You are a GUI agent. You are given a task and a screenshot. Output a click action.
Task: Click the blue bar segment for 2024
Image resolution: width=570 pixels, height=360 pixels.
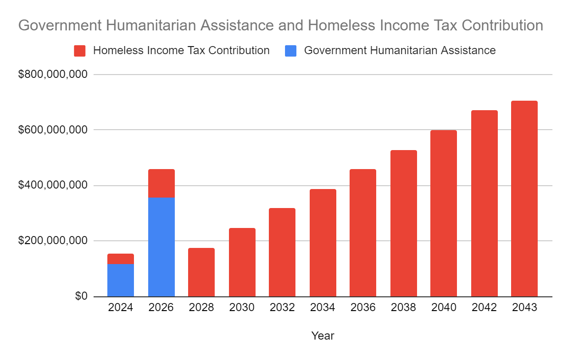tap(121, 280)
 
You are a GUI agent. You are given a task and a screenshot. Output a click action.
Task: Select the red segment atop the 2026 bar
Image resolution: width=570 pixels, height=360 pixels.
tap(161, 183)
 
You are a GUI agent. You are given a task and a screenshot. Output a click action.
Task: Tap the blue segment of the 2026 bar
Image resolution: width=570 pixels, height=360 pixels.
tap(161, 247)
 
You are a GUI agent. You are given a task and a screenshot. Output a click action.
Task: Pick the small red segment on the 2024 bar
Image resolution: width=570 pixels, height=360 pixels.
tap(121, 259)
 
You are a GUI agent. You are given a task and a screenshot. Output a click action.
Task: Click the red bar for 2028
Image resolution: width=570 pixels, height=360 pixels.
tap(201, 273)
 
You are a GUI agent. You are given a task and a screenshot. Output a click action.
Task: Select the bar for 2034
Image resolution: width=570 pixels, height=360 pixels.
tap(323, 243)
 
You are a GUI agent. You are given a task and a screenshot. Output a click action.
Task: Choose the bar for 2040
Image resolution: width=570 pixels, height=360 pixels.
tap(444, 213)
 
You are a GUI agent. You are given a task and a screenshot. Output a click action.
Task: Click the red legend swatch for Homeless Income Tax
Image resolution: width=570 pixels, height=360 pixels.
tap(80, 51)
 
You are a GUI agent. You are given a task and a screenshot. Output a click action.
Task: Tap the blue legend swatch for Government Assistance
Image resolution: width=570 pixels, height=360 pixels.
tap(291, 51)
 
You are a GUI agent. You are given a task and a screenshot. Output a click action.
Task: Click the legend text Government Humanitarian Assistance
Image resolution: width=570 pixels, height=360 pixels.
tap(399, 50)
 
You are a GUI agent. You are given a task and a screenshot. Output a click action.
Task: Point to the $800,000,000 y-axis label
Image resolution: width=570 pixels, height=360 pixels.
tap(53, 75)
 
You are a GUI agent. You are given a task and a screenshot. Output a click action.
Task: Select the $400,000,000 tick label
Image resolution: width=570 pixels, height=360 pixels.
tap(53, 185)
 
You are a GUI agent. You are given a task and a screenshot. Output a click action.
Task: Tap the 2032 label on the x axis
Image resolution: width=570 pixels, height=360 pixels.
tap(282, 308)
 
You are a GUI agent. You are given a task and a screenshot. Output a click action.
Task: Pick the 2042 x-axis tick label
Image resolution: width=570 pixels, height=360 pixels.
tap(484, 308)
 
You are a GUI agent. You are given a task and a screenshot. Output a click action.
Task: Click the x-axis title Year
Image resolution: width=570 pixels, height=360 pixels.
tap(323, 336)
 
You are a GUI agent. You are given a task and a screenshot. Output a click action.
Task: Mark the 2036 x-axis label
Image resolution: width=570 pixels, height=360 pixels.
tap(363, 308)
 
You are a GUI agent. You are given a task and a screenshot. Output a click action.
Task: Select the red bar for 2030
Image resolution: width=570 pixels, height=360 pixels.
tap(242, 262)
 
